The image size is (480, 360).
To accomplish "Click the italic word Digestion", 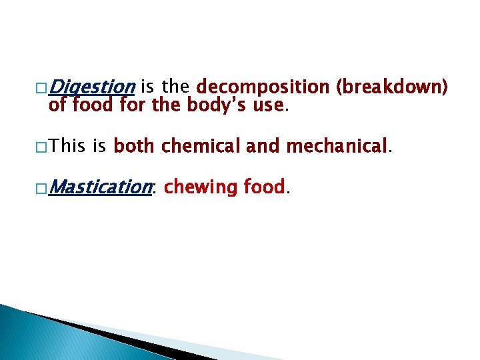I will point(93,87).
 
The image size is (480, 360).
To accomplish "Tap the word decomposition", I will point(263,87).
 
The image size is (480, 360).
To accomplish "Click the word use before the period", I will point(268,105).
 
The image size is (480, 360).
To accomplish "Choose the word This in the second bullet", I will point(69,145).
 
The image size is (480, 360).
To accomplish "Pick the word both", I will point(135,145).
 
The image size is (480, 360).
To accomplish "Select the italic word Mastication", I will point(101,187).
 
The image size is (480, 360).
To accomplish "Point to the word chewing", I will point(200,187).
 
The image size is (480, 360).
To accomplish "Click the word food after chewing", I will point(264,187).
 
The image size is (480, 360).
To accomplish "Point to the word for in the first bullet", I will point(133,104).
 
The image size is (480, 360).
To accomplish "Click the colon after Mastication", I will point(155,189).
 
